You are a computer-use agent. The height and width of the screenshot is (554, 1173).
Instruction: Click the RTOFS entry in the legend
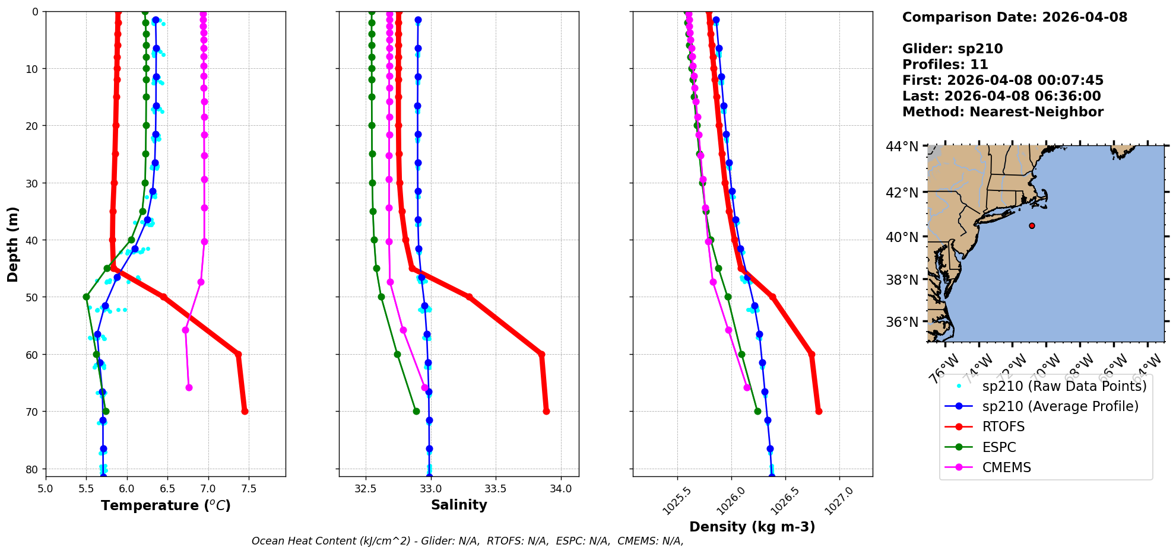click(x=1003, y=427)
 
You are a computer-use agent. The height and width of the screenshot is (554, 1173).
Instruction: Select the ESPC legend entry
click(x=999, y=447)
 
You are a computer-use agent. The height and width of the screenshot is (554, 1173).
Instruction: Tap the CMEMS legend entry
click(x=1006, y=467)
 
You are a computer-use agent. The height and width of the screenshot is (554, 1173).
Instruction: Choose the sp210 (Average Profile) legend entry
click(x=1060, y=406)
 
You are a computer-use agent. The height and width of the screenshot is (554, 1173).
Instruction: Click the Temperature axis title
click(x=166, y=505)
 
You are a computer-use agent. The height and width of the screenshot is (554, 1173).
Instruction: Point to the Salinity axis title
click(x=459, y=505)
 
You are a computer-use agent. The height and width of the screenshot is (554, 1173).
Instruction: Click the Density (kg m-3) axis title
click(x=752, y=527)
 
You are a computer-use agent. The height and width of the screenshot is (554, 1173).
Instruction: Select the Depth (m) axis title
click(x=13, y=244)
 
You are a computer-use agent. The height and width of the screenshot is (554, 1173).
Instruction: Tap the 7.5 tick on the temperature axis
click(x=249, y=489)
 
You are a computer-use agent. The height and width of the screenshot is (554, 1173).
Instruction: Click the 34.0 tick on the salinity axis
click(x=561, y=489)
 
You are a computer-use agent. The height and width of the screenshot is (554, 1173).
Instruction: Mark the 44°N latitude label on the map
click(x=902, y=146)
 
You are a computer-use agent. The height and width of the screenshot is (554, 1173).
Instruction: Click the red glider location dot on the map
click(x=1032, y=225)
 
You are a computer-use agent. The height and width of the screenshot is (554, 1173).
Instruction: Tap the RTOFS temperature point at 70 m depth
click(x=245, y=411)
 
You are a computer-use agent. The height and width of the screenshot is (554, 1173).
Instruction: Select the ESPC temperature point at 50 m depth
click(x=86, y=297)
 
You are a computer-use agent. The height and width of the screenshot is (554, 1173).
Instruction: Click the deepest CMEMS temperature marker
click(x=189, y=387)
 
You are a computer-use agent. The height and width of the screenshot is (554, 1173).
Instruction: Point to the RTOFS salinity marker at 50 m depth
click(x=469, y=297)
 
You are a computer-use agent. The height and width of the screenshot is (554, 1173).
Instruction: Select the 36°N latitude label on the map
click(x=902, y=322)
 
